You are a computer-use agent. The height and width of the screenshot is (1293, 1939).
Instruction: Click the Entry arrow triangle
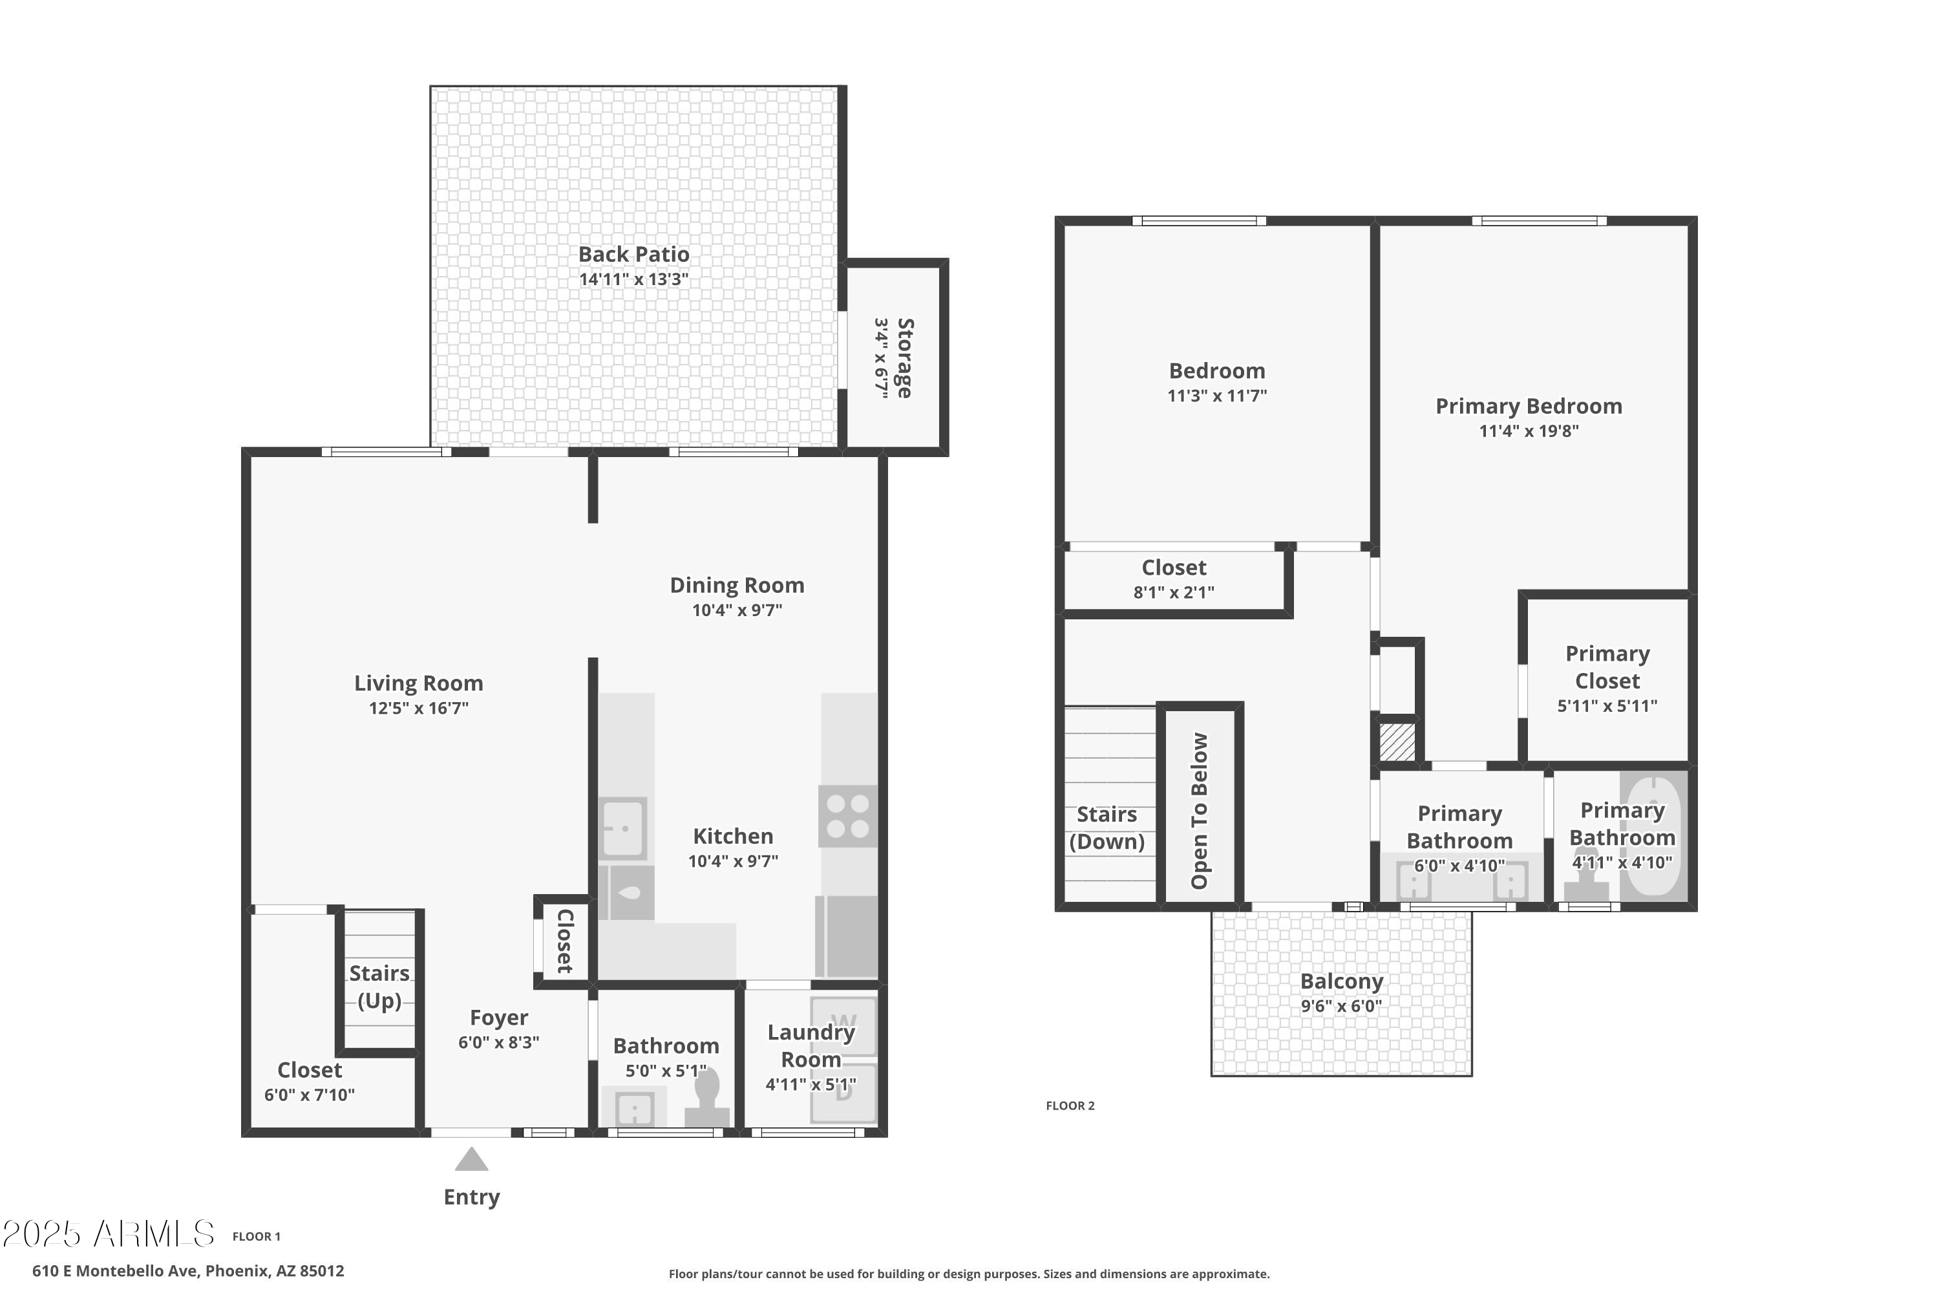click(472, 1161)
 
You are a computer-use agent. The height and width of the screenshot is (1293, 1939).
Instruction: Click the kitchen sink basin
click(622, 828)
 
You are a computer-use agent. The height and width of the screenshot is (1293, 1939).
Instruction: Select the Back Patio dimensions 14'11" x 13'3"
click(633, 279)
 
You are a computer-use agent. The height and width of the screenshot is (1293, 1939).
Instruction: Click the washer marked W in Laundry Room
click(843, 1025)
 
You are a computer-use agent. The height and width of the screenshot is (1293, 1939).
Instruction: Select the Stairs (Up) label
click(379, 987)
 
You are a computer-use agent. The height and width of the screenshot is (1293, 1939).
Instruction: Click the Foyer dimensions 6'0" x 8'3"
click(499, 1042)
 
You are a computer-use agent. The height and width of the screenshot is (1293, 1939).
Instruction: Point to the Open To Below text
click(1200, 811)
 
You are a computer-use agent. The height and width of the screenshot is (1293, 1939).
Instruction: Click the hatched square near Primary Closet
click(1397, 742)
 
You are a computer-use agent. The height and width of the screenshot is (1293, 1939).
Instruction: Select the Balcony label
click(1341, 981)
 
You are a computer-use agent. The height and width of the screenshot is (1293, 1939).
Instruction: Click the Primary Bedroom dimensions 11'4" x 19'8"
click(1529, 431)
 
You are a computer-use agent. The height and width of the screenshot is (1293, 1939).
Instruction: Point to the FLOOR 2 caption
click(1070, 1106)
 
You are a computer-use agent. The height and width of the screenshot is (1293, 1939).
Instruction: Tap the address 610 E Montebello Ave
click(188, 1271)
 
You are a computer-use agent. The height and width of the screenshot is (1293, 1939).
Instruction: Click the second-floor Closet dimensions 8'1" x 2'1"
click(1174, 592)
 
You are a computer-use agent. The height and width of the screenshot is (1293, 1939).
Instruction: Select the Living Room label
click(419, 683)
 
